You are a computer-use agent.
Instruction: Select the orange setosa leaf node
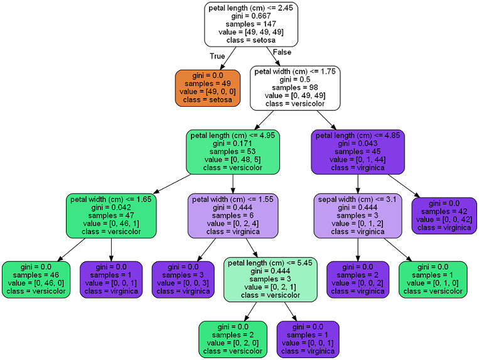pyautogui.click(x=207, y=87)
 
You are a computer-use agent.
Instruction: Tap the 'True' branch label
pyautogui.click(x=217, y=56)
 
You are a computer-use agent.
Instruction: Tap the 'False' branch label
pyautogui.click(x=283, y=52)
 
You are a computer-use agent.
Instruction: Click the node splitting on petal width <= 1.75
pyautogui.click(x=295, y=87)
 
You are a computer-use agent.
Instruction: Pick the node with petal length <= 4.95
pyautogui.click(x=233, y=151)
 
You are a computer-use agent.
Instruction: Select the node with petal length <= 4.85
pyautogui.click(x=358, y=151)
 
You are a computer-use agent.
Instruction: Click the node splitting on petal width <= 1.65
pyautogui.click(x=111, y=215)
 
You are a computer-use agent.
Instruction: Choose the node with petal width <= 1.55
pyautogui.click(x=233, y=215)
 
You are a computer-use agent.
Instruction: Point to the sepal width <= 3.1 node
pyautogui.click(x=358, y=215)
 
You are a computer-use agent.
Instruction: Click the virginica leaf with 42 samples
pyautogui.click(x=444, y=215)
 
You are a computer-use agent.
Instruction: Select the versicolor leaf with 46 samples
pyautogui.click(x=36, y=279)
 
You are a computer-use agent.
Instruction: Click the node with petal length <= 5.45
pyautogui.click(x=269, y=279)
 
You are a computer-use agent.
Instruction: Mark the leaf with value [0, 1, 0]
pyautogui.click(x=433, y=279)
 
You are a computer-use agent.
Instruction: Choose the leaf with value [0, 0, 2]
pyautogui.click(x=358, y=279)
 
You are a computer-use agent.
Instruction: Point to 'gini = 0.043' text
pyautogui.click(x=358, y=143)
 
